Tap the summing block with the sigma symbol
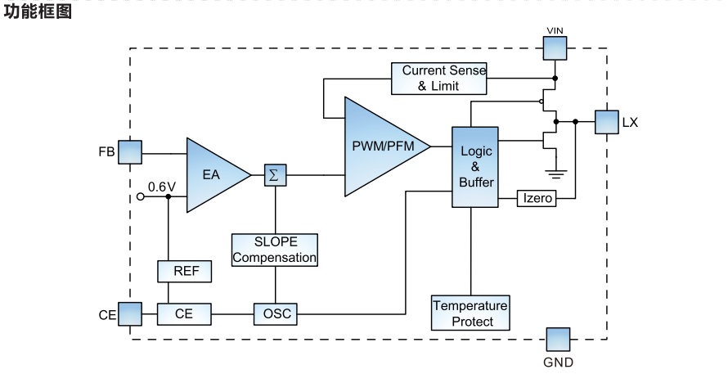click(x=274, y=174)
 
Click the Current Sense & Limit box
click(x=438, y=78)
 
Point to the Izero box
click(x=537, y=199)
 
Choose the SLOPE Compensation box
click(x=274, y=250)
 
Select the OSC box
click(x=274, y=313)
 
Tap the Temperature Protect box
click(x=470, y=313)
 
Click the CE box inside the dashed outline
click(x=184, y=313)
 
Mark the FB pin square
click(x=130, y=152)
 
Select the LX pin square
click(x=606, y=122)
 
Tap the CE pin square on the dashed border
click(x=130, y=313)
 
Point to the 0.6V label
click(x=162, y=187)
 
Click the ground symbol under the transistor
click(x=556, y=172)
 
